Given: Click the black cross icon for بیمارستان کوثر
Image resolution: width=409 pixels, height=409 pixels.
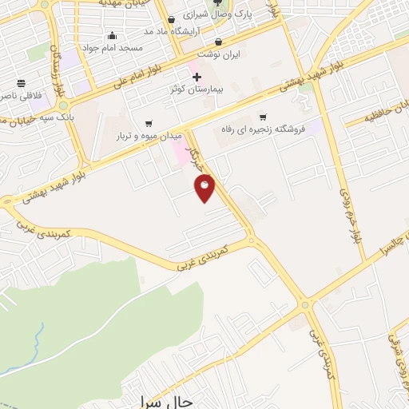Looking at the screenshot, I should coord(197,77).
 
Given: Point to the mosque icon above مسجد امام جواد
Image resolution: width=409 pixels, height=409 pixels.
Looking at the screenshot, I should coord(111,34).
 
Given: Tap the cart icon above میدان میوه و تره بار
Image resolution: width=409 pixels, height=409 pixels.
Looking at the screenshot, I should coord(149,123).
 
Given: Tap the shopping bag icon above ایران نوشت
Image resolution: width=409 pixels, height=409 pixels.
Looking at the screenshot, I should coord(219,41).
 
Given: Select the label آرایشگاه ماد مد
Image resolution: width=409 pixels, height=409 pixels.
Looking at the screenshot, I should coord(170,30).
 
